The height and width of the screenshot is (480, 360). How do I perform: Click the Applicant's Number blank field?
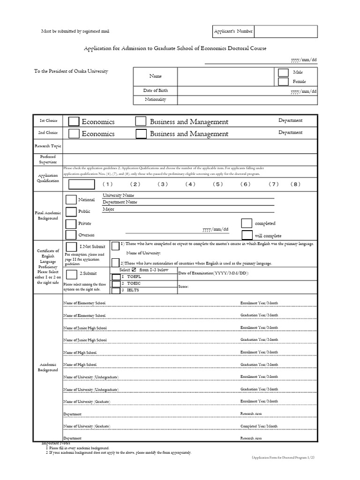tap(285, 31)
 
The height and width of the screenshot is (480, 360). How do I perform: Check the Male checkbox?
tap(283, 73)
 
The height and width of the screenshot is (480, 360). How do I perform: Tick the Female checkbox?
tap(283, 82)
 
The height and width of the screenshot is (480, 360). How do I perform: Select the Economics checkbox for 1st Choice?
tap(74, 121)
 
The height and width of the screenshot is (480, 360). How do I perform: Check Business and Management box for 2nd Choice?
tap(141, 134)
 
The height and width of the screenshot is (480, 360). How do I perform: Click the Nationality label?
tap(155, 99)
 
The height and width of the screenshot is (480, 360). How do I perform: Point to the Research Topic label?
tap(48, 146)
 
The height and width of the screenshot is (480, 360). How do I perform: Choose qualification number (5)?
tap(217, 184)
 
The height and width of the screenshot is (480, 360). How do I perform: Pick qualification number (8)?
tap(295, 184)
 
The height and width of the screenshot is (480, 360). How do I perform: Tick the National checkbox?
tap(71, 201)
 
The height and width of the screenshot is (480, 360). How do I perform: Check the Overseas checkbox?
tap(71, 235)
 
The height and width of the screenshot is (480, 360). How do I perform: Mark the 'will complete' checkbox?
tap(247, 235)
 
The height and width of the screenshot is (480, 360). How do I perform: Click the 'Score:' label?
tap(183, 286)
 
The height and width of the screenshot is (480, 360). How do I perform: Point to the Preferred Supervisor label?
tap(48, 159)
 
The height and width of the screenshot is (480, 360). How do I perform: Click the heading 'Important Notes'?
tap(56, 443)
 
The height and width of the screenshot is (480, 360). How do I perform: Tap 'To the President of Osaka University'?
tap(71, 71)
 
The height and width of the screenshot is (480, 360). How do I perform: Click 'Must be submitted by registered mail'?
tap(76, 31)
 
